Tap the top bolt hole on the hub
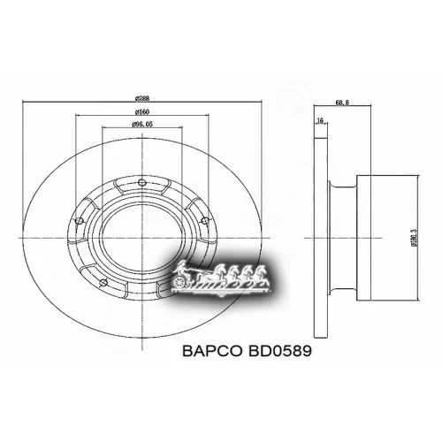click(140, 184)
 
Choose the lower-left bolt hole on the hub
click(103, 283)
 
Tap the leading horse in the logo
click(261, 273)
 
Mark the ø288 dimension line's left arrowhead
click(22, 103)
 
